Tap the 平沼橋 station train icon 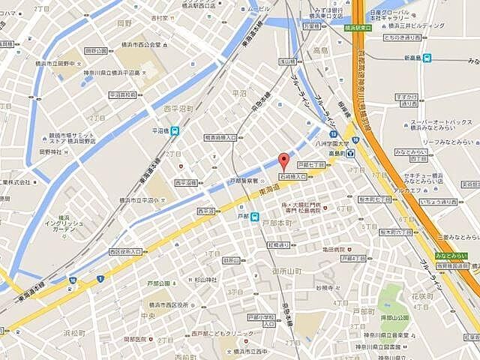(x=175, y=130)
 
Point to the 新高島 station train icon (x=427, y=58)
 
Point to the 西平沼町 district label (x=178, y=109)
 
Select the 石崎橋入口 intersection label (x=292, y=176)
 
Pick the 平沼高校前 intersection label (x=122, y=95)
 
